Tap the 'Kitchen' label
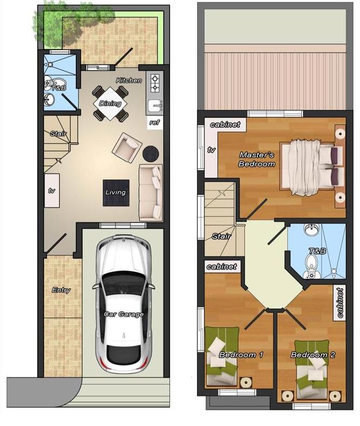click(129, 80)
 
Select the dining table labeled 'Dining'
click(110, 103)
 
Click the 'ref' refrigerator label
click(154, 123)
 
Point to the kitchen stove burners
click(154, 82)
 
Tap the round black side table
click(150, 153)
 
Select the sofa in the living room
click(151, 192)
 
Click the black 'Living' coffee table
click(116, 192)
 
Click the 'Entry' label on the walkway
click(61, 290)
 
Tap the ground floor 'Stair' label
click(58, 133)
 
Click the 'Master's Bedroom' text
click(257, 159)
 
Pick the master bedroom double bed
click(311, 167)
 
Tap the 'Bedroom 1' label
click(241, 355)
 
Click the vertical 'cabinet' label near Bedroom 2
click(340, 303)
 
